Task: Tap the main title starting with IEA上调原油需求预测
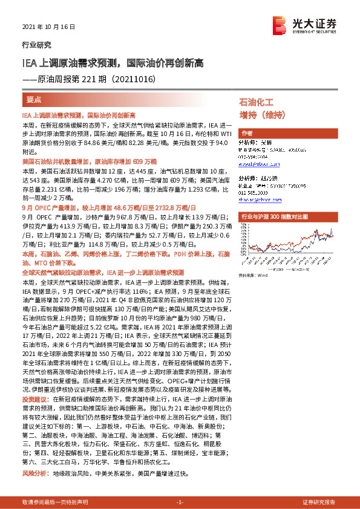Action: click(113, 62)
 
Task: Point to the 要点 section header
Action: click(34, 99)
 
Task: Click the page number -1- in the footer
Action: click(180, 503)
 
